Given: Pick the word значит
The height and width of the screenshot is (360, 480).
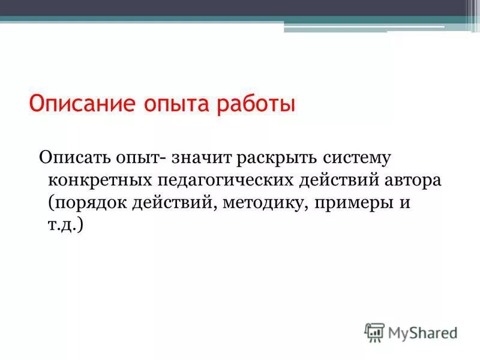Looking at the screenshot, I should pos(201,158).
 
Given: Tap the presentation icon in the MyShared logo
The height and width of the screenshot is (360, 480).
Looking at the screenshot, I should pos(374,332).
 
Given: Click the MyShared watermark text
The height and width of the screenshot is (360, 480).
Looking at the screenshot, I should pos(422,332).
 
